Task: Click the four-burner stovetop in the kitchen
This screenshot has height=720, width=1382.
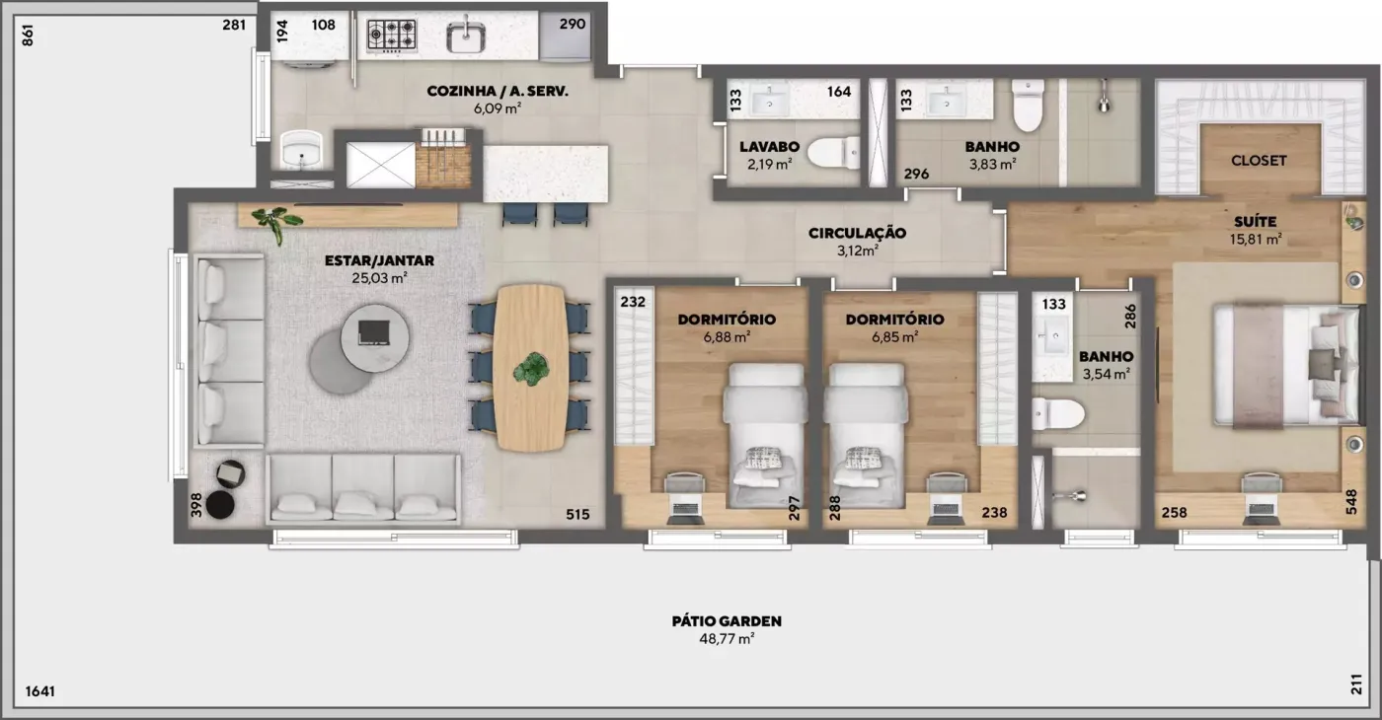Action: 391,36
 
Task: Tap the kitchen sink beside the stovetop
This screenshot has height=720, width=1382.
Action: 466,37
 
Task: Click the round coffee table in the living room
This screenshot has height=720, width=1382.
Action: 374,338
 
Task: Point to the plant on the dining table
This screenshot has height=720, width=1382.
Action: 531,369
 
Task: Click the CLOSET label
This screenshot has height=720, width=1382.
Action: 1259,160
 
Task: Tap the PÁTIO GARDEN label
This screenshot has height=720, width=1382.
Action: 727,620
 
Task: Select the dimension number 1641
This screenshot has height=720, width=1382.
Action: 40,691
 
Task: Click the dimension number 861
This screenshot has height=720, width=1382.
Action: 28,36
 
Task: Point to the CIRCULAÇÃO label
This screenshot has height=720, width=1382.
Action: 857,233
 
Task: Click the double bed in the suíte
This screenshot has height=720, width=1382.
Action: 1286,366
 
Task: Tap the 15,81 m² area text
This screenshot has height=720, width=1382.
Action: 1256,239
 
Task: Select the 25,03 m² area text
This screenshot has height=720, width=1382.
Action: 379,278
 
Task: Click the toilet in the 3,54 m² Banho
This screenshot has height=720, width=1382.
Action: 1058,414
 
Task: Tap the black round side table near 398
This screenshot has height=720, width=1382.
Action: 219,505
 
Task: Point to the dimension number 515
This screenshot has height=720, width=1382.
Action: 577,514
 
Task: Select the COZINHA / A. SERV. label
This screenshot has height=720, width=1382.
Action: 498,91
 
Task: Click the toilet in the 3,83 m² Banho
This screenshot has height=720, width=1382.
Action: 1028,105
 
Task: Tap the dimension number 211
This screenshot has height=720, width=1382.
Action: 1356,684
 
